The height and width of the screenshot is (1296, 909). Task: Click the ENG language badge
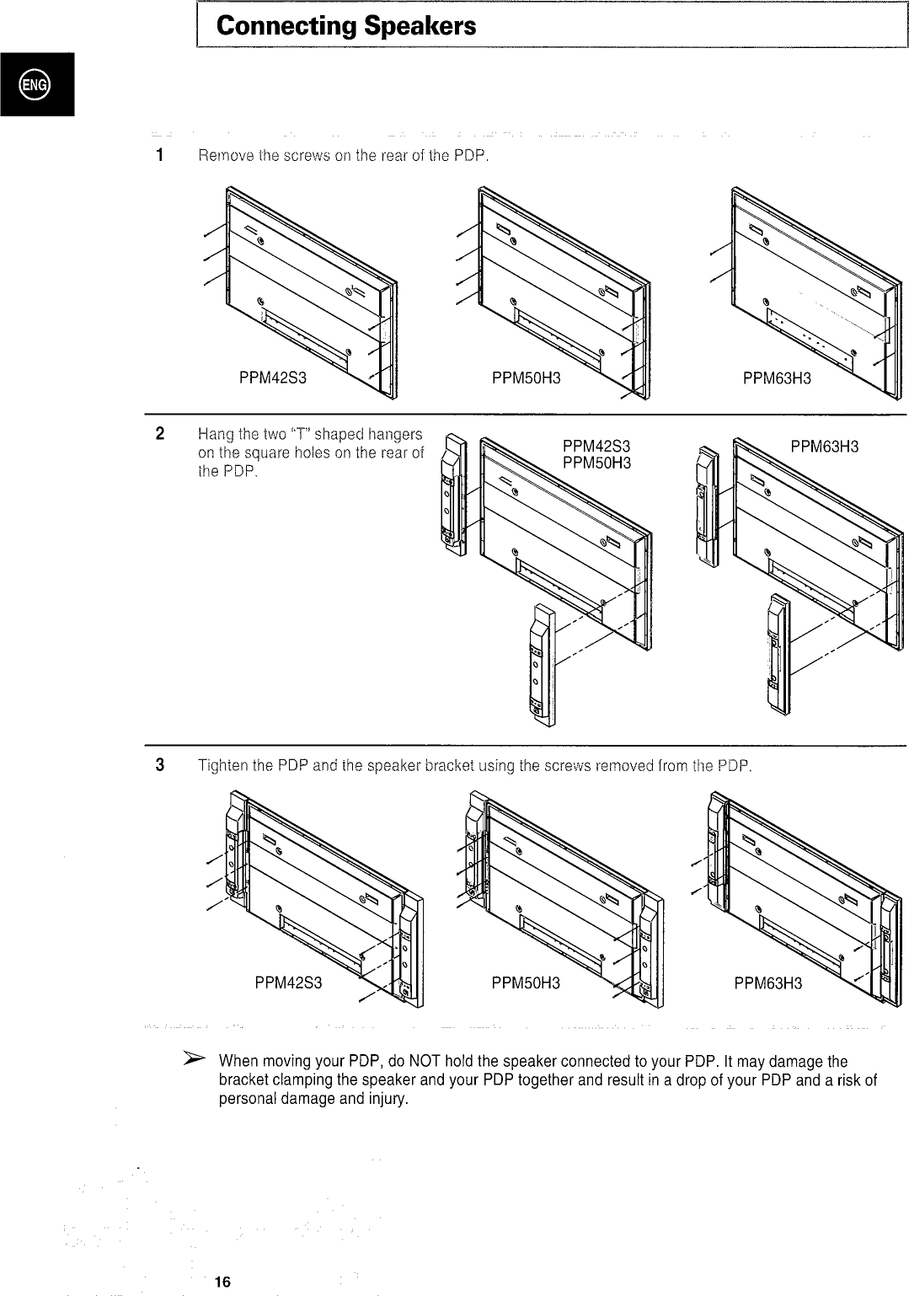[36, 84]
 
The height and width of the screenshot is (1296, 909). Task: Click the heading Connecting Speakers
[345, 26]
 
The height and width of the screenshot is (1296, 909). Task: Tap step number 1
[158, 156]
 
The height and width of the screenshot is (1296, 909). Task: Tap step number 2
[159, 435]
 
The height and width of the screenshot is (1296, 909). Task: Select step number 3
[159, 766]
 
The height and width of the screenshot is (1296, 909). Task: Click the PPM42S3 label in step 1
[272, 378]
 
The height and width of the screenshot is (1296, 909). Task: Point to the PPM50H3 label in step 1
[526, 378]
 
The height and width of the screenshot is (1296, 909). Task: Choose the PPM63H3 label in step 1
[777, 378]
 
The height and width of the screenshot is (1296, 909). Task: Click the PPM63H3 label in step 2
[824, 447]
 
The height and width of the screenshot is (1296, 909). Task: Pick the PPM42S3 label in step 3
[288, 983]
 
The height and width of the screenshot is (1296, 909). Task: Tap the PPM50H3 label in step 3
[526, 983]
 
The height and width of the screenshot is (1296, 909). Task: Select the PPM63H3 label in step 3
[767, 983]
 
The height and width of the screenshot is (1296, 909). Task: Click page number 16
[222, 1282]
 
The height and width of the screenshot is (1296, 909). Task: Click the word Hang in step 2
[213, 435]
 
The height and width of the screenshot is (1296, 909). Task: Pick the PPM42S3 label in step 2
[596, 447]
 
